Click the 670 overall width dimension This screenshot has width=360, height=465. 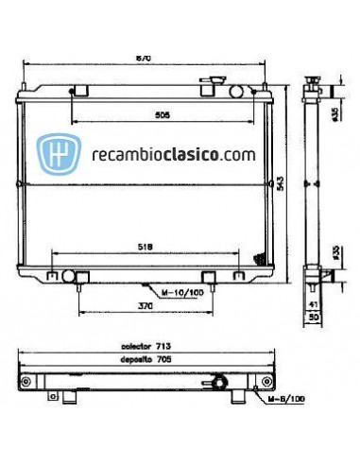coord(145,59)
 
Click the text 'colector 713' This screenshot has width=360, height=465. coord(142,347)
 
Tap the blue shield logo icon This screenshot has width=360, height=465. coord(56,153)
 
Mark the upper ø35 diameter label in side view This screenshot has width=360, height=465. coord(334,114)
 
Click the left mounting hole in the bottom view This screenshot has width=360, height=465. coord(27,383)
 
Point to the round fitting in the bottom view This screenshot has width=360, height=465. coord(220,383)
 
